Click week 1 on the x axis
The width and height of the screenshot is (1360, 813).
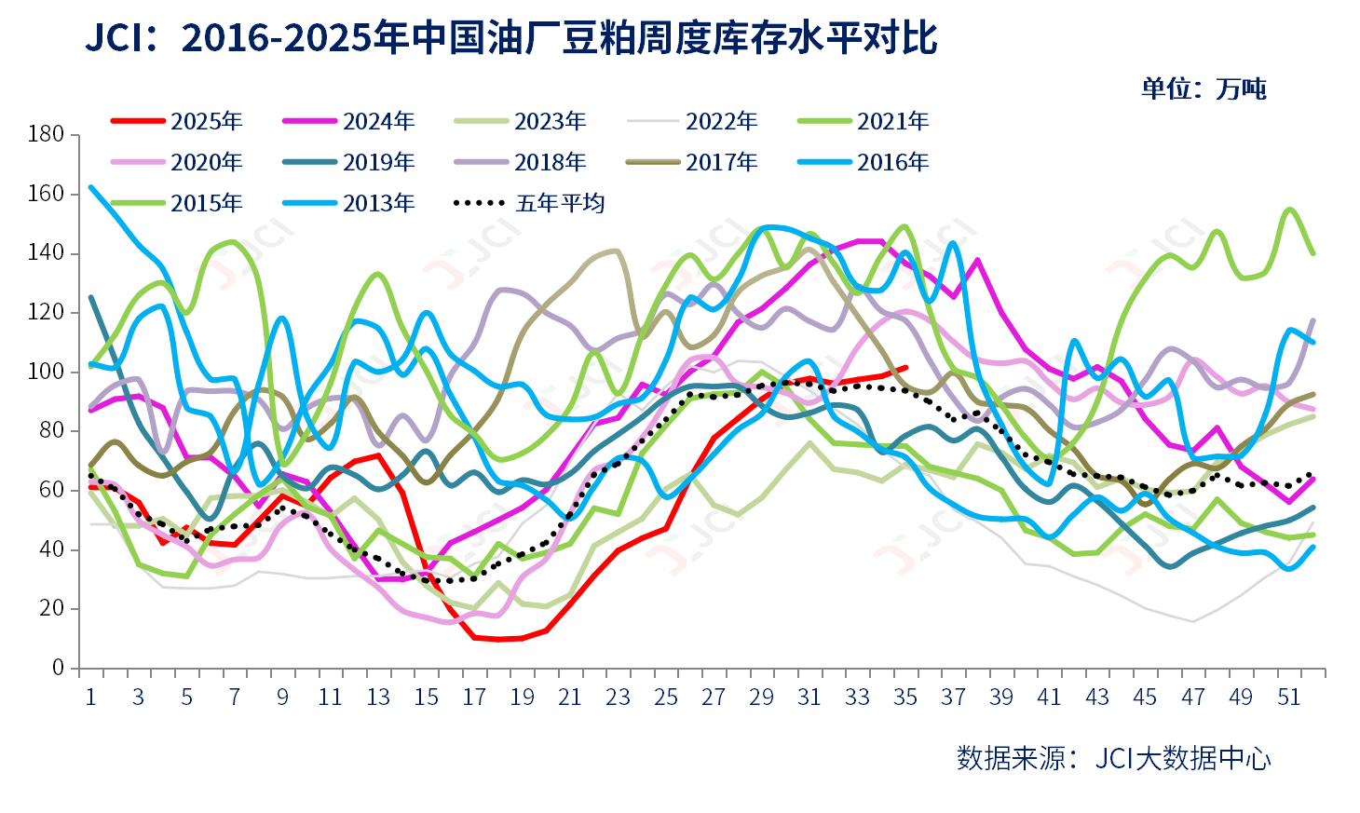[x=90, y=698]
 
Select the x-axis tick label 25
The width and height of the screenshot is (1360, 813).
[x=666, y=698]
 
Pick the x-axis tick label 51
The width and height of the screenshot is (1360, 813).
[x=1288, y=698]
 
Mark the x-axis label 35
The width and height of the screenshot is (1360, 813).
[x=905, y=698]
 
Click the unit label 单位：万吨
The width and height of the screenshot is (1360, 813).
[x=1204, y=89]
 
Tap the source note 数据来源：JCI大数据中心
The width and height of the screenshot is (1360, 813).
[x=1113, y=758]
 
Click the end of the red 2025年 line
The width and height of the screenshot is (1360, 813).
[x=905, y=368]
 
